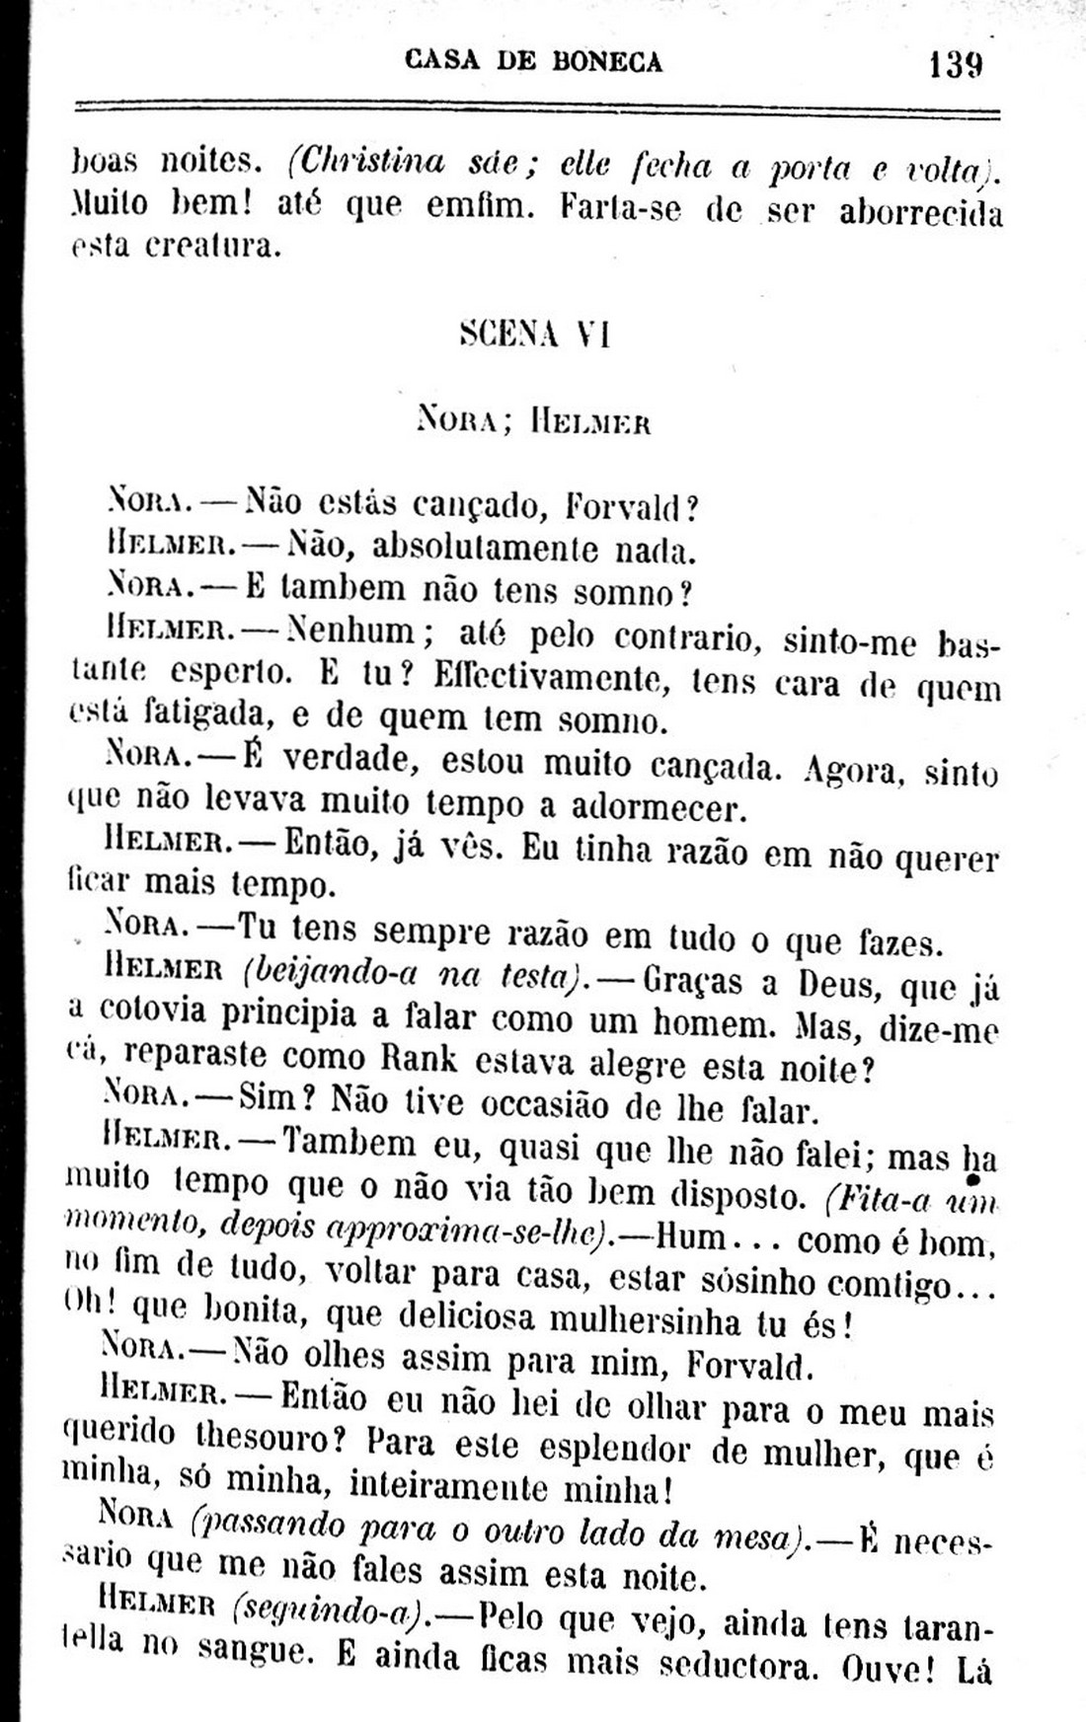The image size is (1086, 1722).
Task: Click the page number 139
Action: click(x=955, y=66)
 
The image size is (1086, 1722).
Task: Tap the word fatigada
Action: click(x=205, y=713)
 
